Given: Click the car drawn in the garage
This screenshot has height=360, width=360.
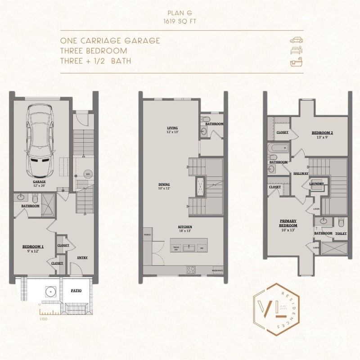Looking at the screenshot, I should coord(41,140).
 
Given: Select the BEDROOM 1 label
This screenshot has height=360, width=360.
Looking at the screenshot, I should coord(33,247).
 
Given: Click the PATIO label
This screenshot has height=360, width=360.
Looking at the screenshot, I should coord(76,291).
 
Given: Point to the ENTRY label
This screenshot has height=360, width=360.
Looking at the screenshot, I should coord(82,258).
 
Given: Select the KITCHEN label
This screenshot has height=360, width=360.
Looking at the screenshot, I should coord(185,227).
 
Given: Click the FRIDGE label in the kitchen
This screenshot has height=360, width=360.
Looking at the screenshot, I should coord(147,235).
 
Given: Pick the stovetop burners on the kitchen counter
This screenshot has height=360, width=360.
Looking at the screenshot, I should coord(191,270).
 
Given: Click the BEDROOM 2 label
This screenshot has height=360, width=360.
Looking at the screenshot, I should coord(322,133).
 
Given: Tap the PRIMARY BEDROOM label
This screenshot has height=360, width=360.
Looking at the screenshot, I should coord(288,224).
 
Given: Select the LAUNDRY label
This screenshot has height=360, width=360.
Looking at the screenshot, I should coord(316,184).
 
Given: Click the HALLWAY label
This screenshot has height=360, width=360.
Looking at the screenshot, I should coord(301,173).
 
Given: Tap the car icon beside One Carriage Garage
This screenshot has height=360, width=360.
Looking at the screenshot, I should coord(296,40).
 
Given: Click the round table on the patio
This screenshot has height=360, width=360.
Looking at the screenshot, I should coord(52,292).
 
